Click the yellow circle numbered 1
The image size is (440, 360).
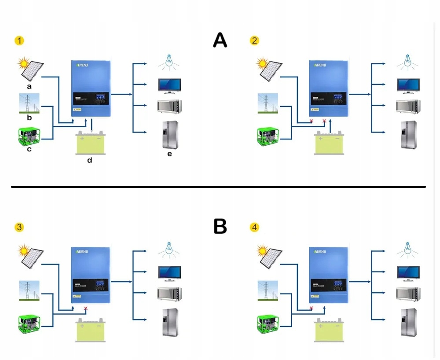pos(19,41)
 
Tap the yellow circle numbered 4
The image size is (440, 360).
pos(254,228)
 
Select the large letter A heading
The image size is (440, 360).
pos(220,40)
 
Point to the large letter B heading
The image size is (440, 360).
pos(220,226)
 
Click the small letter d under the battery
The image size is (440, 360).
pos(90,160)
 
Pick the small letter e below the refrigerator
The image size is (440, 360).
pos(169,154)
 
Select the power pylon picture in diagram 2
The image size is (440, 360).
pos(268,103)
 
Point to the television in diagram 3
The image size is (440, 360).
pos(169,273)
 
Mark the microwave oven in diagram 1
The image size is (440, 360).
pos(169,107)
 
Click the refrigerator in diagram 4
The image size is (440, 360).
pos(408,322)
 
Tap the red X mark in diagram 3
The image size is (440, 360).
pos(86,309)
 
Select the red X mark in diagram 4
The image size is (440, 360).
pos(312,309)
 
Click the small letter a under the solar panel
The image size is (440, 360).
pos(29,87)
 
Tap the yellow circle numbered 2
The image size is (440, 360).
pos(254,41)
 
